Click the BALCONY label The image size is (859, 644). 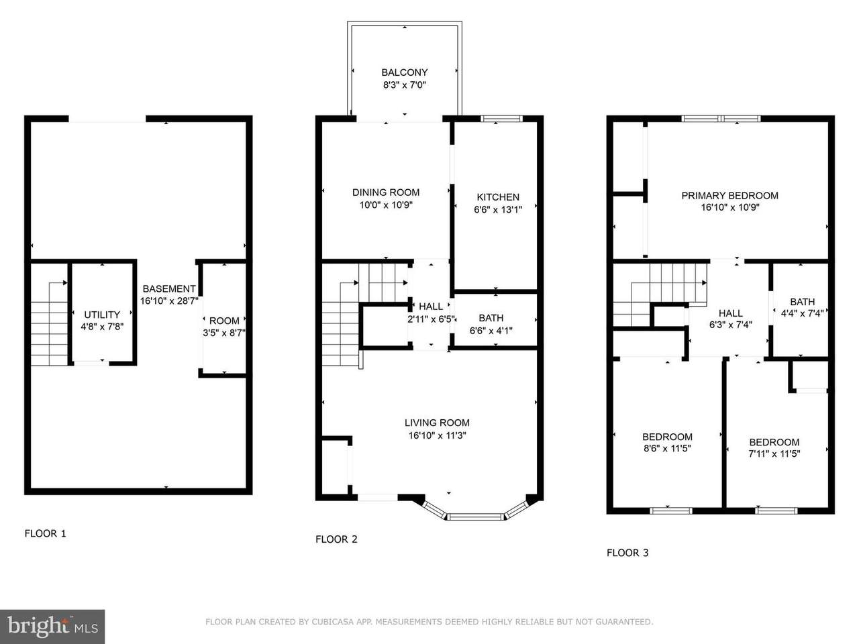(404, 72)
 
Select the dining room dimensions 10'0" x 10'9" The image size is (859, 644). (386, 205)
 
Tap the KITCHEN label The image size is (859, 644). (498, 197)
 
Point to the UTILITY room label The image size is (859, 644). (102, 315)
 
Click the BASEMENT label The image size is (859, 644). (169, 289)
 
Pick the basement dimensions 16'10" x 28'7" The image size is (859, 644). (169, 301)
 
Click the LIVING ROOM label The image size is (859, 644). (437, 423)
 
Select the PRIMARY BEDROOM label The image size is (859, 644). (729, 195)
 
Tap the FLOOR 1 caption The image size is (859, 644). (46, 533)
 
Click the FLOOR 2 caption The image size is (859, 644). (336, 539)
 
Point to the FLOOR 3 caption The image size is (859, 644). (627, 553)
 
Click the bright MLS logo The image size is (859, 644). (52, 627)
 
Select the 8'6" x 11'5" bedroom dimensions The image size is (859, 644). (667, 448)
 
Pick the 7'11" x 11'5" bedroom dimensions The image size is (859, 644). (774, 453)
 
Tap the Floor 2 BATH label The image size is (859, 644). (491, 318)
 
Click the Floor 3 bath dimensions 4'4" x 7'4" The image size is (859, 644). (802, 313)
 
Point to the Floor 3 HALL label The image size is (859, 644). (730, 313)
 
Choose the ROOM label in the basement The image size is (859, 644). (224, 321)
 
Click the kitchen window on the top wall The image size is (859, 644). (501, 119)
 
